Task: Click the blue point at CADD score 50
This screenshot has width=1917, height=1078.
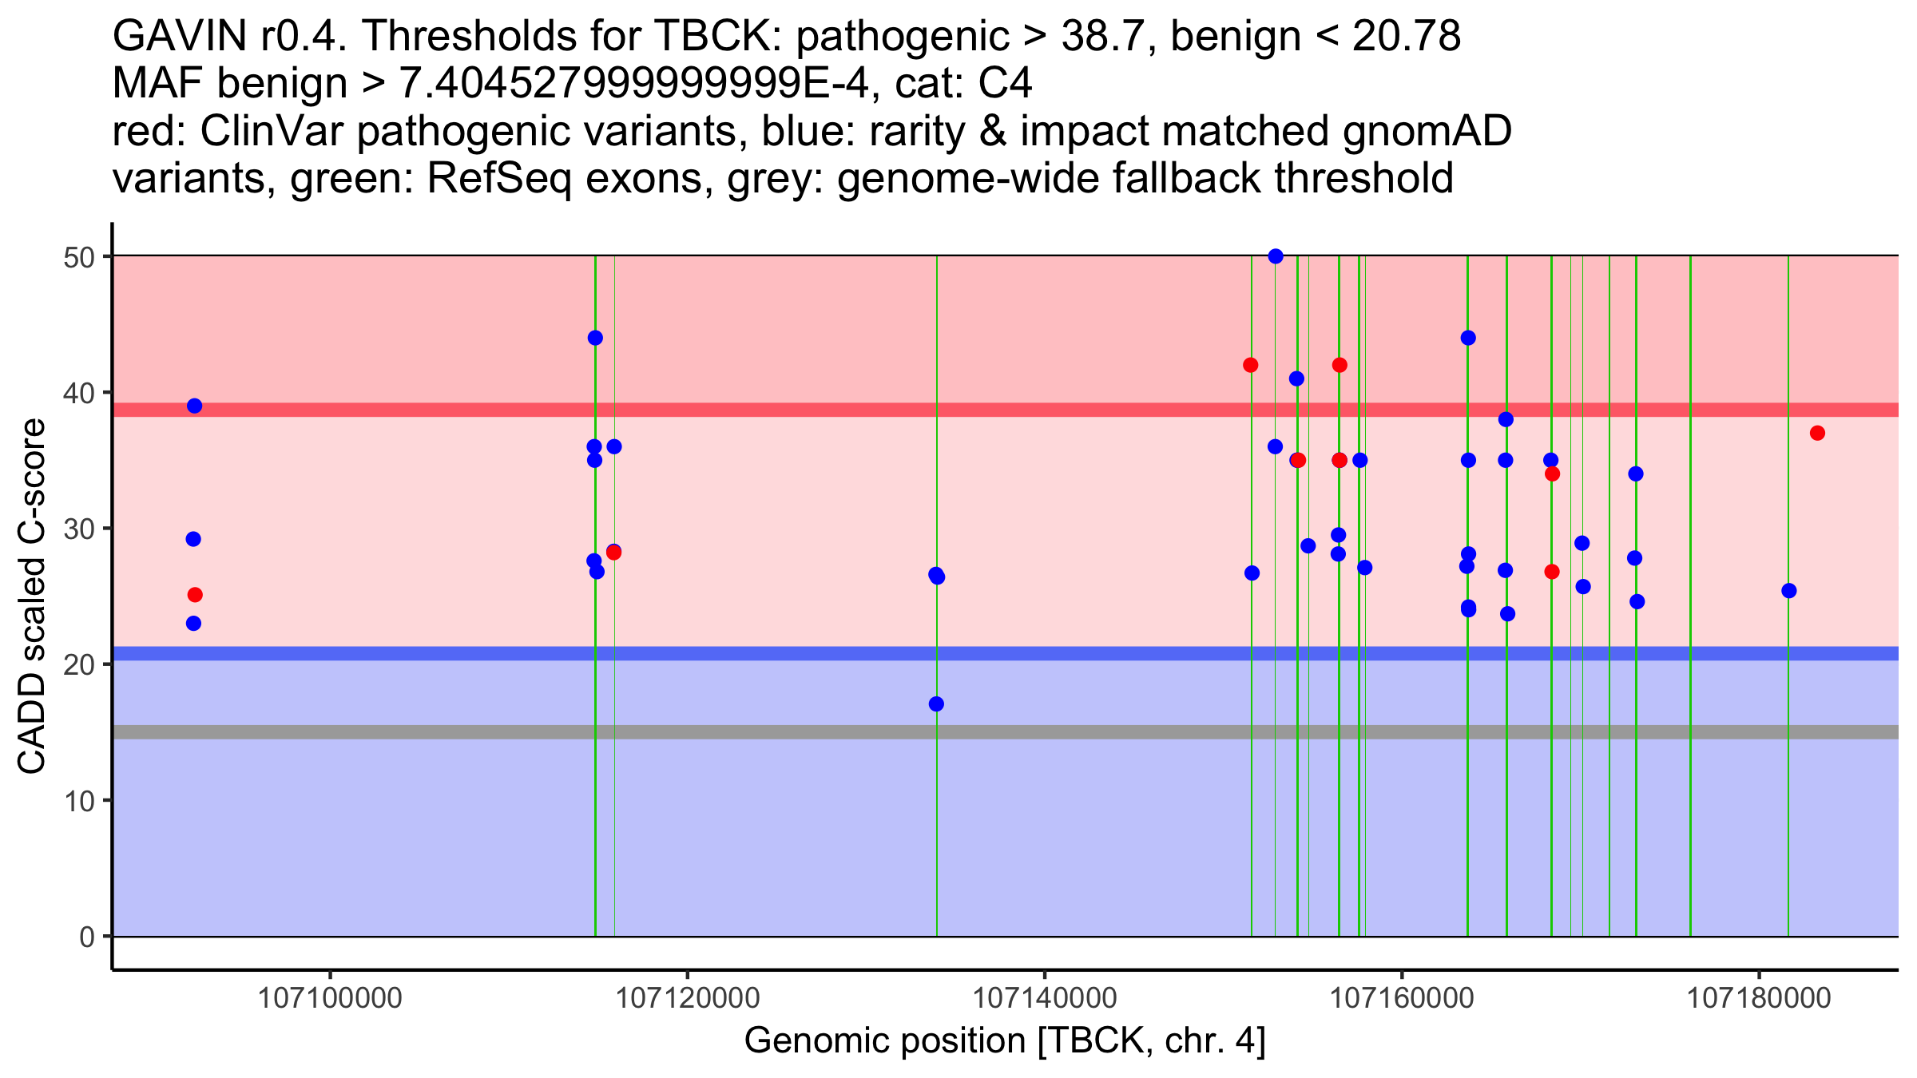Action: click(x=1276, y=256)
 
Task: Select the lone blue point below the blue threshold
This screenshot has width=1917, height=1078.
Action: click(x=936, y=703)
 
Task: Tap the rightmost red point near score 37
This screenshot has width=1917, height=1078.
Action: click(x=1817, y=433)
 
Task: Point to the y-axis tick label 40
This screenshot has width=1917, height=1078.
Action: click(x=79, y=393)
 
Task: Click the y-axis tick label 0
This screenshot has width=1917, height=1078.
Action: click(x=86, y=937)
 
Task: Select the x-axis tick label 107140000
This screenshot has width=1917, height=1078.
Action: click(x=1044, y=998)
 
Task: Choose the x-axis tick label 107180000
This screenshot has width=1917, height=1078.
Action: click(x=1758, y=998)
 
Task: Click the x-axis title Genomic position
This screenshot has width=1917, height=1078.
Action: click(x=1005, y=1041)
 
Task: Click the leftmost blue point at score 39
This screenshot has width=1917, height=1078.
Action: click(x=194, y=406)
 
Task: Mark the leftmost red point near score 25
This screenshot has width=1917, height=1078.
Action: click(x=195, y=595)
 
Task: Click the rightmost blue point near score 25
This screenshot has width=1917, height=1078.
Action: click(x=1789, y=591)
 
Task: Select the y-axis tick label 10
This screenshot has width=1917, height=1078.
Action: click(x=79, y=801)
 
